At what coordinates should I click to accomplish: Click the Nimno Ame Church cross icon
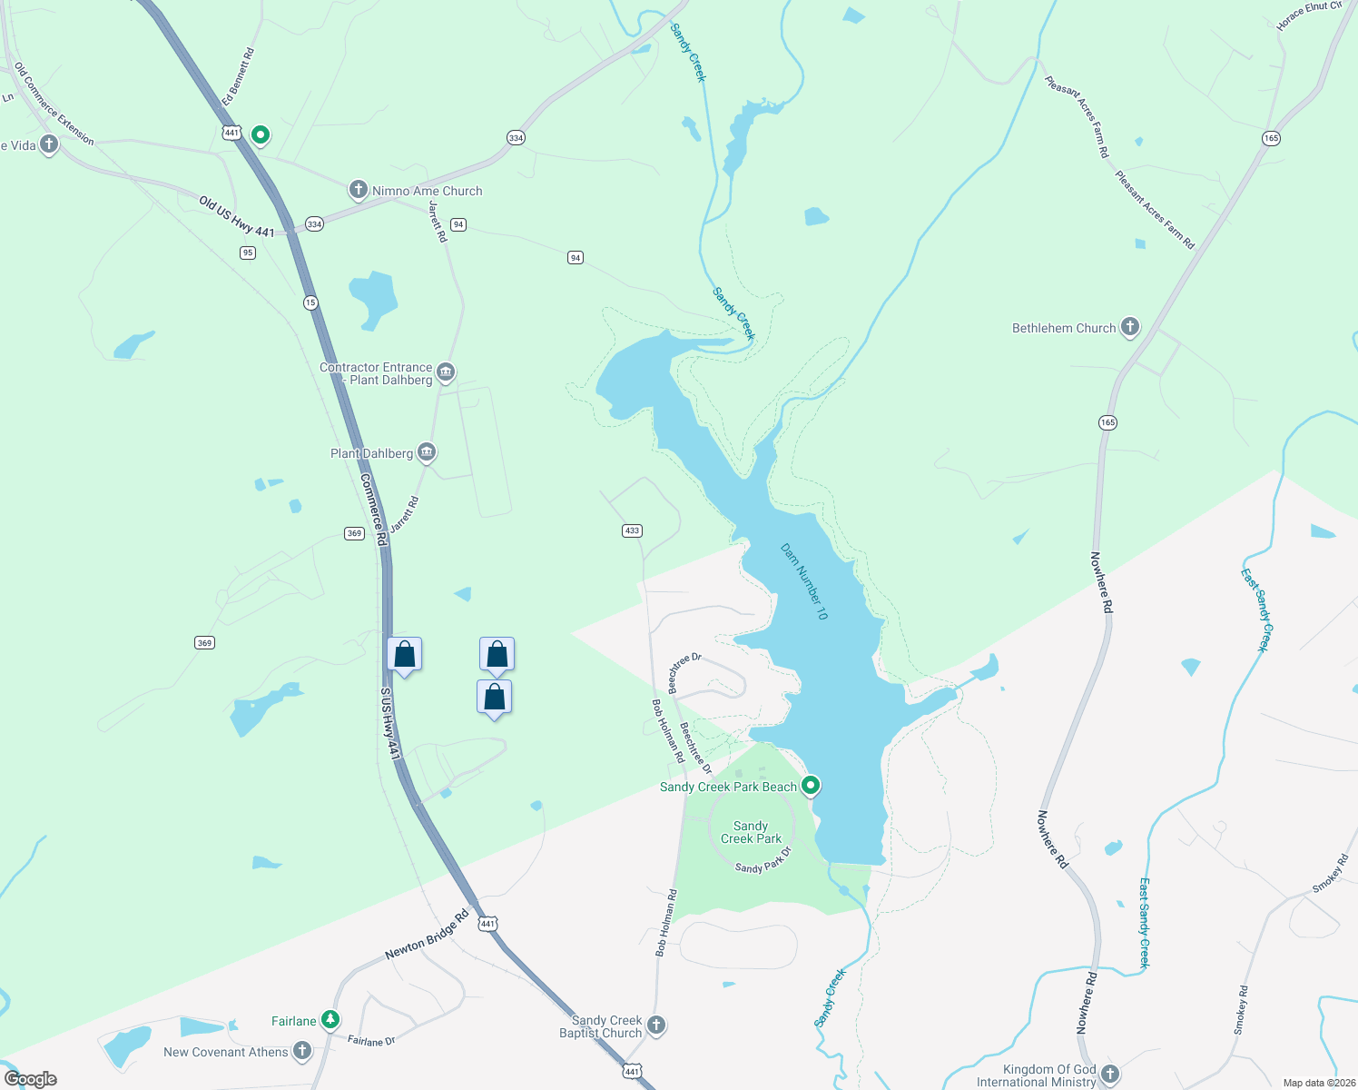[358, 190]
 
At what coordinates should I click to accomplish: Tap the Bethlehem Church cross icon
[1129, 327]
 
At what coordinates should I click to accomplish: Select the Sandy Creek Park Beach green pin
[811, 786]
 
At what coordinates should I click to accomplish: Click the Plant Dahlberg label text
[371, 453]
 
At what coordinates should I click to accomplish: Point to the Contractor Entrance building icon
[445, 372]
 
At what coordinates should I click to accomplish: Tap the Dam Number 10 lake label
[804, 581]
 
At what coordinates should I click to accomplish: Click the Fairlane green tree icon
[331, 1020]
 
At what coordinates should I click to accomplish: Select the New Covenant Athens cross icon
[302, 1051]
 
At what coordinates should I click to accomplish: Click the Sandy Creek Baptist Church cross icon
[655, 1026]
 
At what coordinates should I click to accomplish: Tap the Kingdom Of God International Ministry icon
[1109, 1075]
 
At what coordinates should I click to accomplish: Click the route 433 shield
[632, 530]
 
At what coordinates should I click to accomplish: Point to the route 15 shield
[311, 302]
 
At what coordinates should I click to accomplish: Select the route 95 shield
[248, 253]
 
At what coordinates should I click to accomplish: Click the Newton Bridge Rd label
[427, 935]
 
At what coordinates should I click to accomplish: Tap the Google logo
[31, 1078]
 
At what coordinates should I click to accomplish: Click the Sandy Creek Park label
[751, 832]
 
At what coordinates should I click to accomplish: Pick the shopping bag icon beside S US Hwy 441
[404, 654]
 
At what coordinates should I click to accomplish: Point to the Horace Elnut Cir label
[1308, 16]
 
